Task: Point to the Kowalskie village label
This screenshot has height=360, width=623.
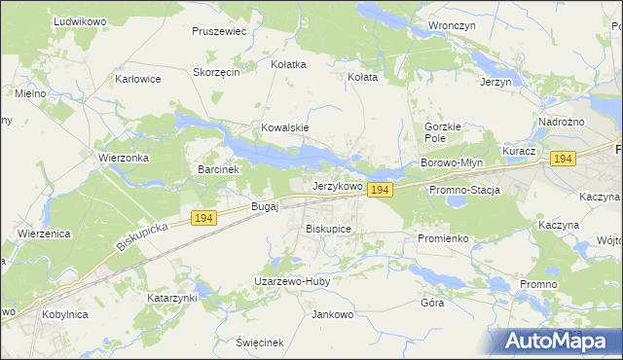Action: (x=284, y=127)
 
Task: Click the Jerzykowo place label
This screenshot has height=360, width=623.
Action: (x=337, y=185)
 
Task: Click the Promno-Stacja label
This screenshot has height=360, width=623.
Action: (x=463, y=190)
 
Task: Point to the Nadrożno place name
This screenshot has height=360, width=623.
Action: (x=560, y=121)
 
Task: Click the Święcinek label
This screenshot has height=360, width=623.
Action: (x=259, y=342)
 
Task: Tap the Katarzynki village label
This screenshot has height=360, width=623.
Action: (x=172, y=297)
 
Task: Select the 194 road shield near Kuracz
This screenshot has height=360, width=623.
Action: (x=562, y=158)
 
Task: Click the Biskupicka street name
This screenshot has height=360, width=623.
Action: (x=142, y=237)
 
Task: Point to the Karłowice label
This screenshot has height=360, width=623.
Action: (x=137, y=79)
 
